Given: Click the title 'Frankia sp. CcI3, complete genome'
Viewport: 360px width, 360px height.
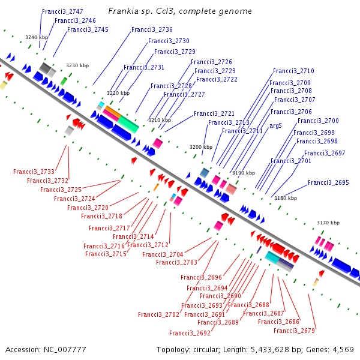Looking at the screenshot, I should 180,11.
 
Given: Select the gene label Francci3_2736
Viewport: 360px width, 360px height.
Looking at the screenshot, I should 152,29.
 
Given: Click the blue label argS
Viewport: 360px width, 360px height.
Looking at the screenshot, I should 275,126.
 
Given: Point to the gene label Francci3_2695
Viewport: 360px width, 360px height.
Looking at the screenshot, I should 328,182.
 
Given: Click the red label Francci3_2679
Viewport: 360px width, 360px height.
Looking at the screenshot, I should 294,331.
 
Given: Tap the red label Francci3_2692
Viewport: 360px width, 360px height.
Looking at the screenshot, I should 190,333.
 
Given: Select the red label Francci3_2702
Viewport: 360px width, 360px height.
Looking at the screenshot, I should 158,314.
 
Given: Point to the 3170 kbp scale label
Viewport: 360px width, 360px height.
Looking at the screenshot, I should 328,223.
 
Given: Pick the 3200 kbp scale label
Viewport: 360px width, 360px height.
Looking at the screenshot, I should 200,147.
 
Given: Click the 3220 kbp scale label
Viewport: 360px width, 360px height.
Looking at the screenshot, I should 118,93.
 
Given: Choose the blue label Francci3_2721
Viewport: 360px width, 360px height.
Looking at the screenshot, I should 214,113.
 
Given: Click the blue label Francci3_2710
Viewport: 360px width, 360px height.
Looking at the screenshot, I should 293,71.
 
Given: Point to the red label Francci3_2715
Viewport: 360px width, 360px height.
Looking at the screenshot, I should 106,254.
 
